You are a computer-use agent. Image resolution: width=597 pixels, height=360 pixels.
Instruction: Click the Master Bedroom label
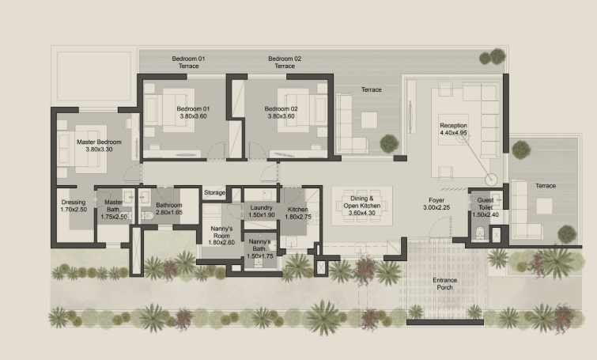click(99, 142)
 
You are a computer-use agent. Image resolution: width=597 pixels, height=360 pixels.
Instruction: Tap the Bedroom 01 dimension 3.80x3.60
click(194, 116)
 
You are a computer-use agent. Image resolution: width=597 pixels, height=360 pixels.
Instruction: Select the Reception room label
click(453, 125)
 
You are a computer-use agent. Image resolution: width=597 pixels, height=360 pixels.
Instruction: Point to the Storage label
click(215, 193)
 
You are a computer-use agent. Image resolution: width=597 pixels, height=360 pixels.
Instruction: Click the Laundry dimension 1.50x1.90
click(261, 215)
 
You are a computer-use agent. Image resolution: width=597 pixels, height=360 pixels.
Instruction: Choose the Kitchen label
click(298, 209)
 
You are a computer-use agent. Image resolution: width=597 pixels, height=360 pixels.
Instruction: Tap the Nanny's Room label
click(221, 232)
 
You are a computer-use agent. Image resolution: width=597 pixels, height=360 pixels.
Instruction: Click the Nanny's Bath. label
click(259, 245)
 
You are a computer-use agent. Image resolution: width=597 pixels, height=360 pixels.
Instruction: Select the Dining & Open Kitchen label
click(361, 202)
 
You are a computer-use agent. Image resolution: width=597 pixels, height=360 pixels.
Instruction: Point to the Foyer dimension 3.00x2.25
click(436, 207)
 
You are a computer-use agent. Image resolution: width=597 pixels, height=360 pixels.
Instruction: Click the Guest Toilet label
click(486, 203)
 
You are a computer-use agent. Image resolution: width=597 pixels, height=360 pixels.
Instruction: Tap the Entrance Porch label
click(444, 284)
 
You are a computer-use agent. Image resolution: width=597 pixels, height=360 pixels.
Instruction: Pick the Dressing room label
click(74, 203)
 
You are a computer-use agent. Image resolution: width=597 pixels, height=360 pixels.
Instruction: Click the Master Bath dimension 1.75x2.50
click(114, 217)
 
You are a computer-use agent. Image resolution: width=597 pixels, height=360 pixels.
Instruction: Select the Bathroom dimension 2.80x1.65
click(169, 212)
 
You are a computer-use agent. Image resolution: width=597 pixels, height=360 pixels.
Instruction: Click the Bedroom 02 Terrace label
click(285, 62)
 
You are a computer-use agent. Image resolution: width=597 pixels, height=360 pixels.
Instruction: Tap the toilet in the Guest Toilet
click(480, 233)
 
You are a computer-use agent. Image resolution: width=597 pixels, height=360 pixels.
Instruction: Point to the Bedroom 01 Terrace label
click(188, 62)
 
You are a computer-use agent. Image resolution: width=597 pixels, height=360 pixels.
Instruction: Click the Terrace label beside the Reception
click(371, 89)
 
